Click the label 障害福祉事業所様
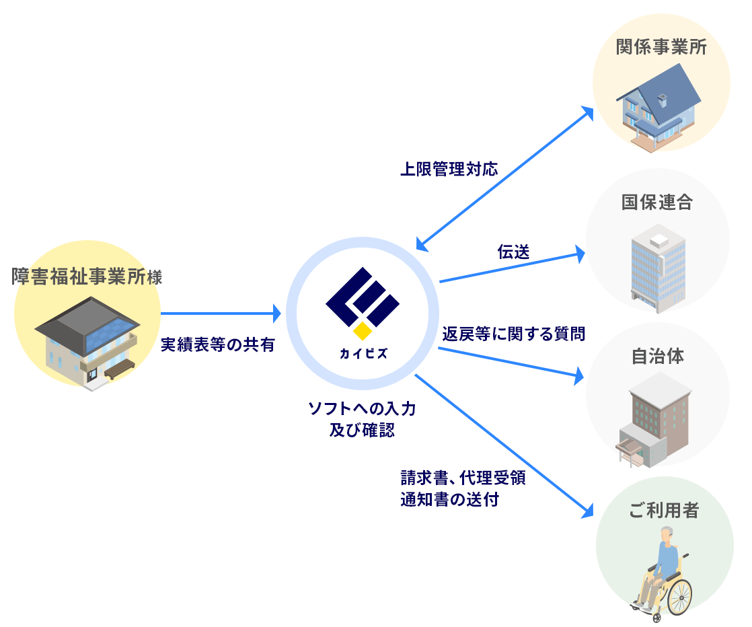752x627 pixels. [x=87, y=276]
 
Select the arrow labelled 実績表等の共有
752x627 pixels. [x=220, y=313]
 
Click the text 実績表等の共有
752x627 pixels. [x=218, y=344]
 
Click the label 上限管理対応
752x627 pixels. [x=449, y=169]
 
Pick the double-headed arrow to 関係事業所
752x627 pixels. [x=504, y=178]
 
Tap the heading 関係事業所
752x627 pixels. [x=661, y=48]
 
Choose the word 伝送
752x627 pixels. [x=513, y=252]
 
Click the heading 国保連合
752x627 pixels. [x=657, y=202]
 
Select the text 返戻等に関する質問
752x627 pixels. [x=514, y=333]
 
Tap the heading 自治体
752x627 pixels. [x=658, y=356]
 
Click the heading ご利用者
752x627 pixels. [x=664, y=511]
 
